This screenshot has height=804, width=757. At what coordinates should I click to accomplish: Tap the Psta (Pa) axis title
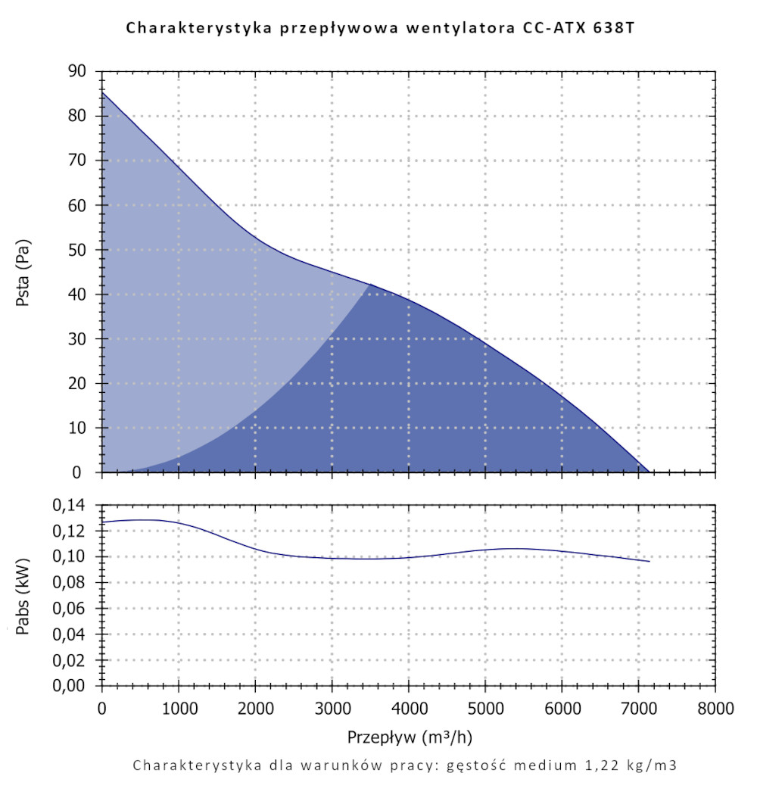pyautogui.click(x=23, y=272)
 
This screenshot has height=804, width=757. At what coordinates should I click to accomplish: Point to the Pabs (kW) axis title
pyautogui.click(x=23, y=596)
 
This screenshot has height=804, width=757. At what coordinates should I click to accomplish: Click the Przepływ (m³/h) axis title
pyautogui.click(x=412, y=736)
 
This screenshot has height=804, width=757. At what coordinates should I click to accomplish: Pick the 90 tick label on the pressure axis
pyautogui.click(x=78, y=71)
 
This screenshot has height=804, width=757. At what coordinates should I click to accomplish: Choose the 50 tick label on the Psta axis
pyautogui.click(x=78, y=250)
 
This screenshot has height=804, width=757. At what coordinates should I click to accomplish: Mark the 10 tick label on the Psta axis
pyautogui.click(x=78, y=428)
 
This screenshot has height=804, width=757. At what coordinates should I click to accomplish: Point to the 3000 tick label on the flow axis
pyautogui.click(x=332, y=709)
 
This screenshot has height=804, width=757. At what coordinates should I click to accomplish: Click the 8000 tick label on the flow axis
pyautogui.click(x=715, y=709)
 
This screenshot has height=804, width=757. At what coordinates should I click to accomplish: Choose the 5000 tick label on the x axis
pyautogui.click(x=484, y=709)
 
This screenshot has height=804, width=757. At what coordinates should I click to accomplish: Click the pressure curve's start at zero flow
pyautogui.click(x=103, y=93)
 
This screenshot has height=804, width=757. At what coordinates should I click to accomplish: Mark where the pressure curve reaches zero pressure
pyautogui.click(x=650, y=472)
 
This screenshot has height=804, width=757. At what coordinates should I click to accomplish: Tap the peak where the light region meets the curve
pyautogui.click(x=371, y=285)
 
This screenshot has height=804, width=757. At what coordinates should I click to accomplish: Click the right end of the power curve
pyautogui.click(x=650, y=561)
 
